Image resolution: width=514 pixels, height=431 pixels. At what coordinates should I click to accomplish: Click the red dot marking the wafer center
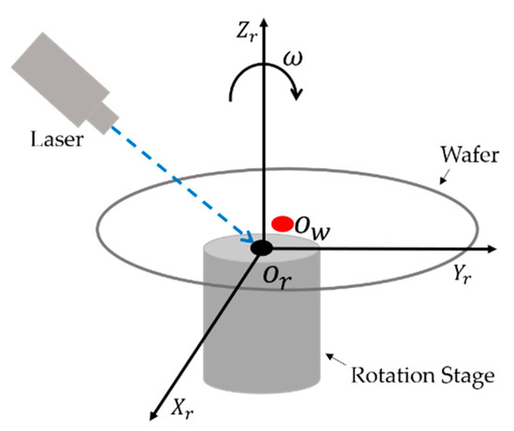click(281, 223)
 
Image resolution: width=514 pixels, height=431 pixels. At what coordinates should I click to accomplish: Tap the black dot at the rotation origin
click(262, 248)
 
